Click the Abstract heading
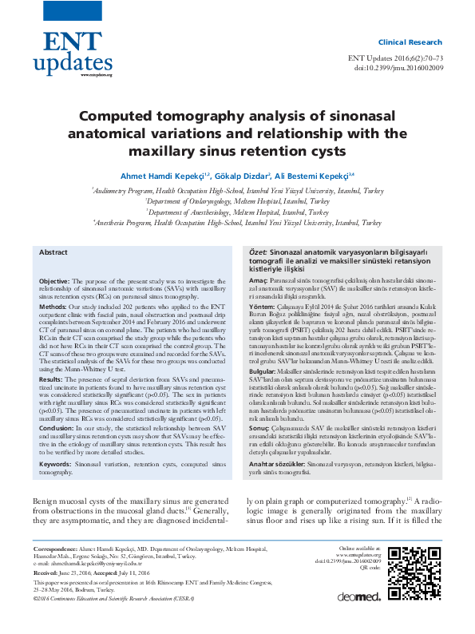point(53,252)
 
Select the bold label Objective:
point(54,282)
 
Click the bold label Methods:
point(53,307)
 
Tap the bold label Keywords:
point(56,440)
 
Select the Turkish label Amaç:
point(257,282)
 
